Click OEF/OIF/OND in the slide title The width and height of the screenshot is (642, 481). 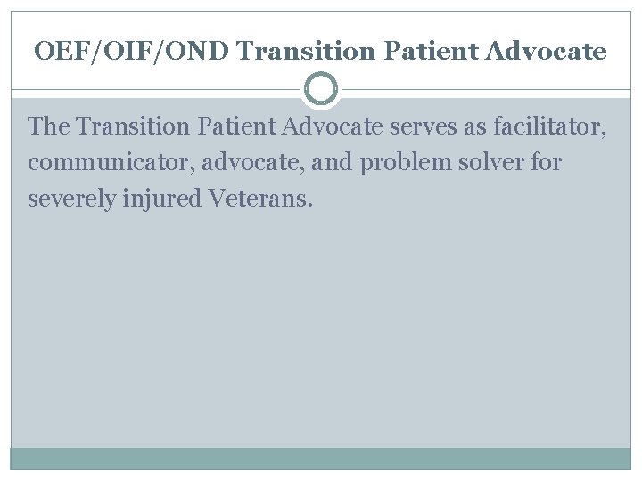click(133, 52)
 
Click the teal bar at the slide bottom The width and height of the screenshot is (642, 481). click(321, 458)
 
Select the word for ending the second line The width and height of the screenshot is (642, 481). click(544, 164)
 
